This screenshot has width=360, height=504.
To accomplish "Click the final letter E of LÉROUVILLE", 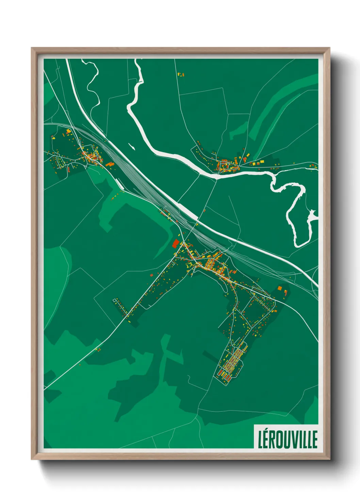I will click(315, 439).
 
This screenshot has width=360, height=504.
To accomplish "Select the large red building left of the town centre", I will click(176, 243).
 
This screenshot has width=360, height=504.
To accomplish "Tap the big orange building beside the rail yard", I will click(110, 164).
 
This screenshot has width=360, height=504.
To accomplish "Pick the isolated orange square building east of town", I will click(280, 288).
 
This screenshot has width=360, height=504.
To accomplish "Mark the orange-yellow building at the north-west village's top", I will click(68, 131).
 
